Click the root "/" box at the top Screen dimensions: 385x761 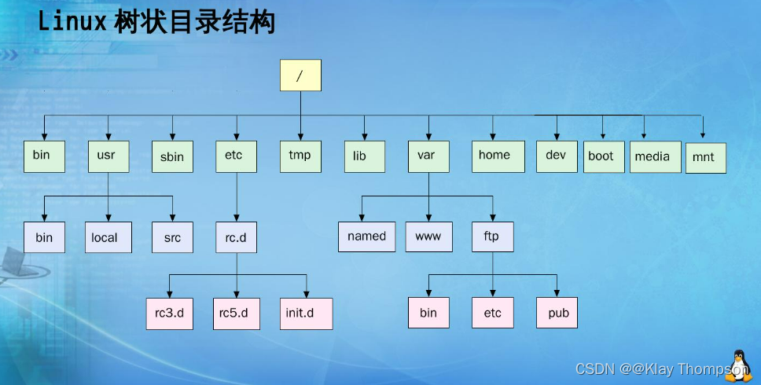pyautogui.click(x=300, y=75)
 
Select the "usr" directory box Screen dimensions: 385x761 pyautogui.click(x=108, y=156)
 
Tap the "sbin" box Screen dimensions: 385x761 pyautogui.click(x=172, y=156)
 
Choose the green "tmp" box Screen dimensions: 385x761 pyautogui.click(x=300, y=156)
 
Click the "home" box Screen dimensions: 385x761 pyautogui.click(x=495, y=156)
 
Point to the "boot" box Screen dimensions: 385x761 pyautogui.click(x=603, y=156)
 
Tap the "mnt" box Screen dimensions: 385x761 pyautogui.click(x=705, y=157)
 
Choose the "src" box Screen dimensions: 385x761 pyautogui.click(x=172, y=237)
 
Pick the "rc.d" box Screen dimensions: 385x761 pyautogui.click(x=237, y=237)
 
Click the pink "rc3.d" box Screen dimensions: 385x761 pyautogui.click(x=169, y=313)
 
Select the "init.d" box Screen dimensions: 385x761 pyautogui.click(x=306, y=313)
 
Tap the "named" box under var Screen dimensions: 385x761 pyautogui.click(x=367, y=236)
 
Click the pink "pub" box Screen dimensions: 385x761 pyautogui.click(x=557, y=313)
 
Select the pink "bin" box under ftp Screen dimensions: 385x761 pyautogui.click(x=428, y=313)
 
